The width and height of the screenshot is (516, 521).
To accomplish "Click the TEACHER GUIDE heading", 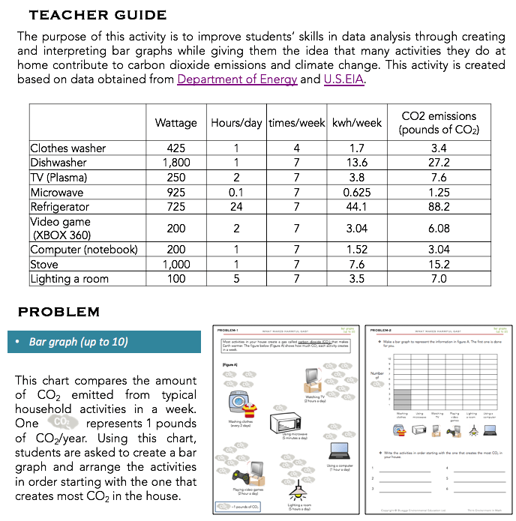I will click(97, 15).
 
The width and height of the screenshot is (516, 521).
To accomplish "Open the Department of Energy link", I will click(237, 80).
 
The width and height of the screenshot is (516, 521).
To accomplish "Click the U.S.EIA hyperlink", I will click(345, 80).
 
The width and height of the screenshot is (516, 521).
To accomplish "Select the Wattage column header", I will click(175, 123).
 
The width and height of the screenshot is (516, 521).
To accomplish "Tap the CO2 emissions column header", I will click(439, 123).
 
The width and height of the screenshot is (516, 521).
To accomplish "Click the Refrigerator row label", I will click(60, 207).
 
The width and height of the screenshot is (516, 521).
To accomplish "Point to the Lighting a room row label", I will click(69, 279).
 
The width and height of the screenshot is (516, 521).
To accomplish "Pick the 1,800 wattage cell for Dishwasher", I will click(175, 163).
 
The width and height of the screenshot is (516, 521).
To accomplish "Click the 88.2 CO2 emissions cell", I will click(439, 207).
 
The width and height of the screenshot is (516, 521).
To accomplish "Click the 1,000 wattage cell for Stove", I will click(175, 265).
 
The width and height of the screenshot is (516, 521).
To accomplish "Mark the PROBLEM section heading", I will click(58, 312).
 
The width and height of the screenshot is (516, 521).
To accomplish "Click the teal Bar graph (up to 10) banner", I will click(103, 342).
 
